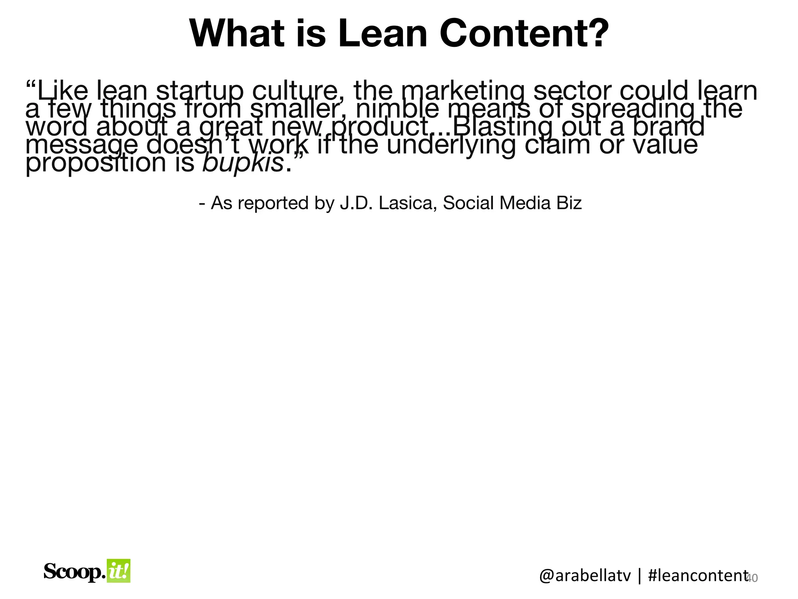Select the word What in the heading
[x=242, y=34]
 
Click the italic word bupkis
[x=243, y=163]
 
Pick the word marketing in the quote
[x=461, y=90]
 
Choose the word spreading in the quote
[x=633, y=110]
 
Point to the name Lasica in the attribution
[x=407, y=203]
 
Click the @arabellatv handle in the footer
[x=584, y=576]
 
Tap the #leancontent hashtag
[x=697, y=576]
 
